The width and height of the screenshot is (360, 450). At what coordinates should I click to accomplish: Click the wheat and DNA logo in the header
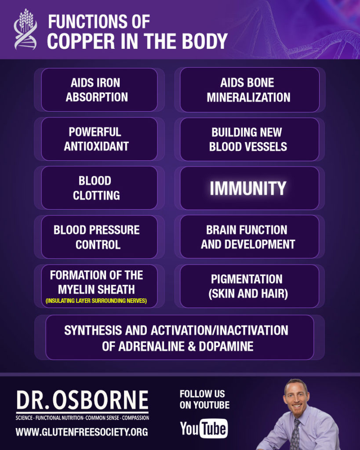25,29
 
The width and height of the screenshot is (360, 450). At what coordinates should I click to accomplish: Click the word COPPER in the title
81,41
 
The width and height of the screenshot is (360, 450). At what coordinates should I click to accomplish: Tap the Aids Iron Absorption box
99,90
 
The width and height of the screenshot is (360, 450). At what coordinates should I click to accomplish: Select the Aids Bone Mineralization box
250,90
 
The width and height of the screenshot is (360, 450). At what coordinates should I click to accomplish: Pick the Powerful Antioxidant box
99,139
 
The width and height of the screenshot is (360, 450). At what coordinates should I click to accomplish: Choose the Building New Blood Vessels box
250,139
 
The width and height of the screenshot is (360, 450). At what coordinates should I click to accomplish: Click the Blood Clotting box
99,188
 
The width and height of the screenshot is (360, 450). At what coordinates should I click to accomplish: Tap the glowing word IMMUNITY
248,188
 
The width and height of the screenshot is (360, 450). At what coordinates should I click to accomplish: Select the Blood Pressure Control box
99,237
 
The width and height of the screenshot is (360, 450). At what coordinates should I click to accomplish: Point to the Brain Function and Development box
250,237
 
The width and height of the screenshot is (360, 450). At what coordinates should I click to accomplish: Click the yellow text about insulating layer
96,301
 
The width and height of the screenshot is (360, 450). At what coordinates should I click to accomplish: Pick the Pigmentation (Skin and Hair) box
250,286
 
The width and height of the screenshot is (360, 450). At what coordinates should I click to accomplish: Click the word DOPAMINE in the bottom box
226,346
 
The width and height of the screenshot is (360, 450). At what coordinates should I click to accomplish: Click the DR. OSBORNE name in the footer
82,400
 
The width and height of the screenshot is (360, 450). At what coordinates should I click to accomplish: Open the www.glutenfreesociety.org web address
82,432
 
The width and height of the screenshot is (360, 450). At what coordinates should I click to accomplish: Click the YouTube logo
204,428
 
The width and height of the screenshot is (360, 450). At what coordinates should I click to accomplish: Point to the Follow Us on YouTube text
204,399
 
